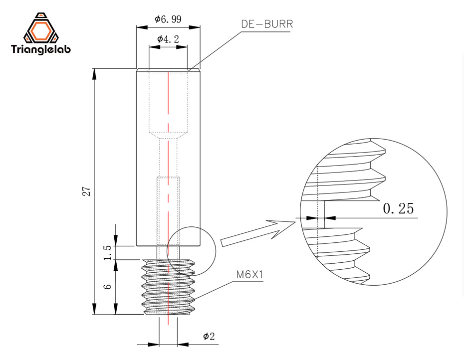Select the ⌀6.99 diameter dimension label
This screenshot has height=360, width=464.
pos(168,19)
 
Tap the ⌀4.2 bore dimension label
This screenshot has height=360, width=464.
pos(168,39)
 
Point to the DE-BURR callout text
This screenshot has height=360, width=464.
pos(267,23)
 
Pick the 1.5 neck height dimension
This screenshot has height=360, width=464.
pos(106,253)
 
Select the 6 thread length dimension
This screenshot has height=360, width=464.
pos(106,288)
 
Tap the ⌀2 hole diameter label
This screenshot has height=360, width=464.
pos(209,337)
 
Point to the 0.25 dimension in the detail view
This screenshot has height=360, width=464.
pos(398,208)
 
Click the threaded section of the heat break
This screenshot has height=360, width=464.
pos(168,287)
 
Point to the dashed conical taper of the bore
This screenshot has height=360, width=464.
pos(169,135)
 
